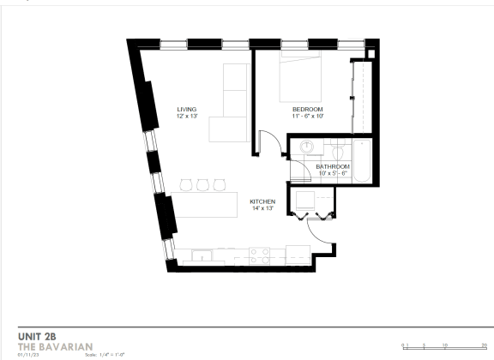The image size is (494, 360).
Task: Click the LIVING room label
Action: pyautogui.click(x=187, y=109)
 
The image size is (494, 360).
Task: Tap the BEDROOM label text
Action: pyautogui.click(x=307, y=109)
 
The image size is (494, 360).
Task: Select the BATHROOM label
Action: pyautogui.click(x=333, y=165)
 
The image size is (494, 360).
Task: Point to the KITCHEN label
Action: pyautogui.click(x=262, y=201)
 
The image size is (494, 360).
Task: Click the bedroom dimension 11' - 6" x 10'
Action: pyautogui.click(x=307, y=116)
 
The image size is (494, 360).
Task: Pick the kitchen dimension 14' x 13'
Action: pyautogui.click(x=262, y=208)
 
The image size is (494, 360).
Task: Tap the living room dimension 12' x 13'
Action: pyautogui.click(x=187, y=116)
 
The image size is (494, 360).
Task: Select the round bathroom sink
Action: pyautogui.click(x=306, y=147)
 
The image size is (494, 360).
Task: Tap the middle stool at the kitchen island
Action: pyautogui.click(x=202, y=184)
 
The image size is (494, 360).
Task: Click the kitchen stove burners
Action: pyautogui.click(x=260, y=254)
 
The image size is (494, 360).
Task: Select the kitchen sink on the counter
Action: pyautogui.click(x=202, y=255)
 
